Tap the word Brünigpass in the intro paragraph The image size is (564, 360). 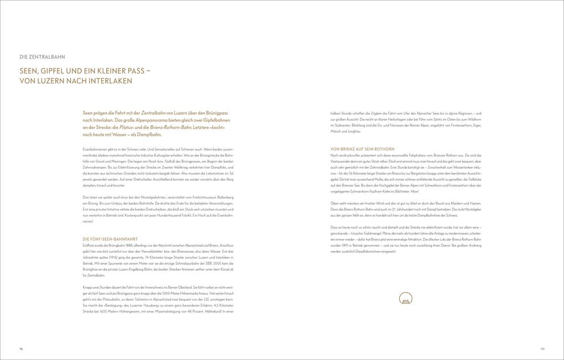(x=216, y=113)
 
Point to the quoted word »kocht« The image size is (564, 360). (x=218, y=127)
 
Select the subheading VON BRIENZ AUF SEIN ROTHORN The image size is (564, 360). (x=362, y=149)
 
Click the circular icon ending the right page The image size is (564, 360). (x=405, y=299)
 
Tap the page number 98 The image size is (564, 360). (x=21, y=349)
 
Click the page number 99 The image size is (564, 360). (x=542, y=349)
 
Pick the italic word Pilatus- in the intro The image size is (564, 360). (x=124, y=127)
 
